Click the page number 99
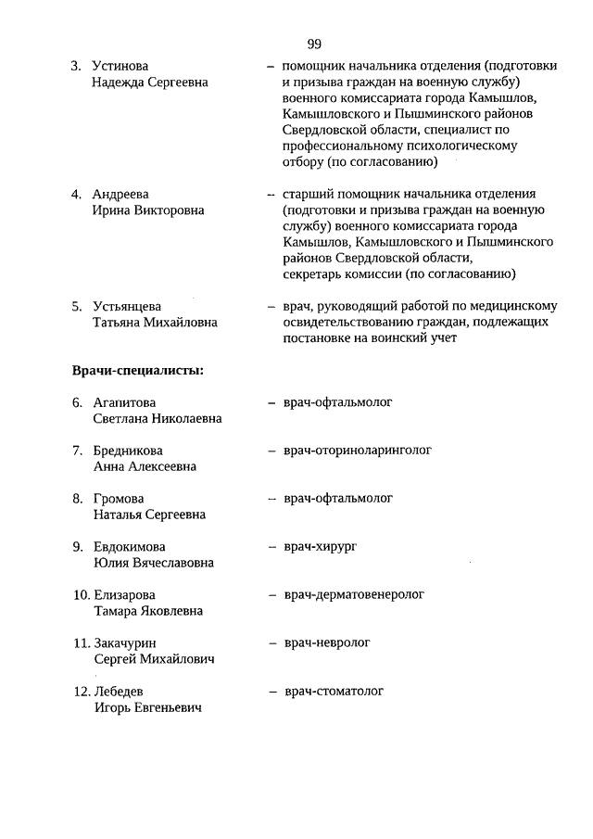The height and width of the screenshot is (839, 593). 313,44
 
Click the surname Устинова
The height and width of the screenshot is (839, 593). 120,67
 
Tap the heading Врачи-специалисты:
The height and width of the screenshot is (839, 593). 138,371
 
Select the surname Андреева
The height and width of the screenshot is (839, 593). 121,195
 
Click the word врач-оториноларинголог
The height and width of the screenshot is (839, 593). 358,451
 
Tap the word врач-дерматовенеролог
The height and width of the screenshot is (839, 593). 354,594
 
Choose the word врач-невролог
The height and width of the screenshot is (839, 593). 327,642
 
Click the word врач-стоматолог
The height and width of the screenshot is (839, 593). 334,691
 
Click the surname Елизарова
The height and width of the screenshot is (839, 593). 125,595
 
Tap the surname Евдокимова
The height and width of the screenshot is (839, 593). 130,547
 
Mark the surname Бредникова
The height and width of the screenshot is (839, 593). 131,451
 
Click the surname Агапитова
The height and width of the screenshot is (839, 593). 125,402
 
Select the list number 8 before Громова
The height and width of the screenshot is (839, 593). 78,499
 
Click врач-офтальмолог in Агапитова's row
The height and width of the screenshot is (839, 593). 339,402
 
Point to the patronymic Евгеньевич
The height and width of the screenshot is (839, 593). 176,708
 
